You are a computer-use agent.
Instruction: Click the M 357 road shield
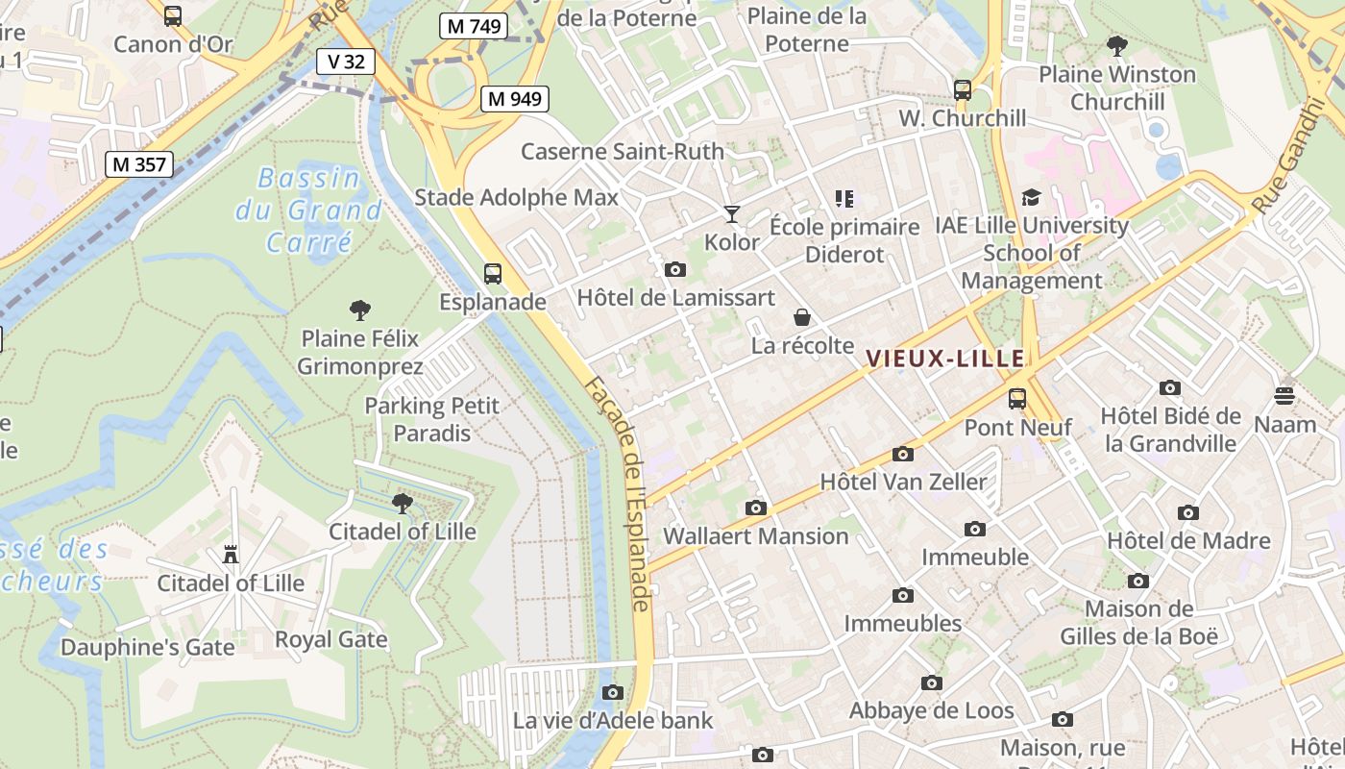pos(139,164)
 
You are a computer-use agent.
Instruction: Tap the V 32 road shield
pos(346,62)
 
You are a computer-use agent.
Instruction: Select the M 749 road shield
pos(473,26)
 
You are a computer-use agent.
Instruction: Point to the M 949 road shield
pos(516,98)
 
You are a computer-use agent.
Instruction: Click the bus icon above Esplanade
pos(493,274)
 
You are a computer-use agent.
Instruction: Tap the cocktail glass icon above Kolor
pos(732,214)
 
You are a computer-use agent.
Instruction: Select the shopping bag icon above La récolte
pos(802,317)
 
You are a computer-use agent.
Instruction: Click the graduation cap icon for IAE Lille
pos(1032,198)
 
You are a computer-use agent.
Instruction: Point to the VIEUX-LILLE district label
pos(945,359)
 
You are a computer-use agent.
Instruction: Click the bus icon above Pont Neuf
pos(1017,399)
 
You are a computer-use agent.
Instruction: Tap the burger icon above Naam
pos(1284,396)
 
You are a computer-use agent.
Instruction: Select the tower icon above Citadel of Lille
pos(231,556)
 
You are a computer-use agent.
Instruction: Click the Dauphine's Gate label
pos(148,647)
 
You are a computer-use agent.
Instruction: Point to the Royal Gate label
pos(331,639)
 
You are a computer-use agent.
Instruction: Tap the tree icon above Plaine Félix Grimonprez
pos(360,310)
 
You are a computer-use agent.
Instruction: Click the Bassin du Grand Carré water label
pos(309,210)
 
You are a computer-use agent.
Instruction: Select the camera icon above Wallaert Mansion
pos(756,508)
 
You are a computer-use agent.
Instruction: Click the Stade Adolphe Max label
pos(516,198)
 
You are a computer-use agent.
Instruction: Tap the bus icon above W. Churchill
pos(963,90)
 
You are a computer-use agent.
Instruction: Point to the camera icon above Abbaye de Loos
pos(931,683)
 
